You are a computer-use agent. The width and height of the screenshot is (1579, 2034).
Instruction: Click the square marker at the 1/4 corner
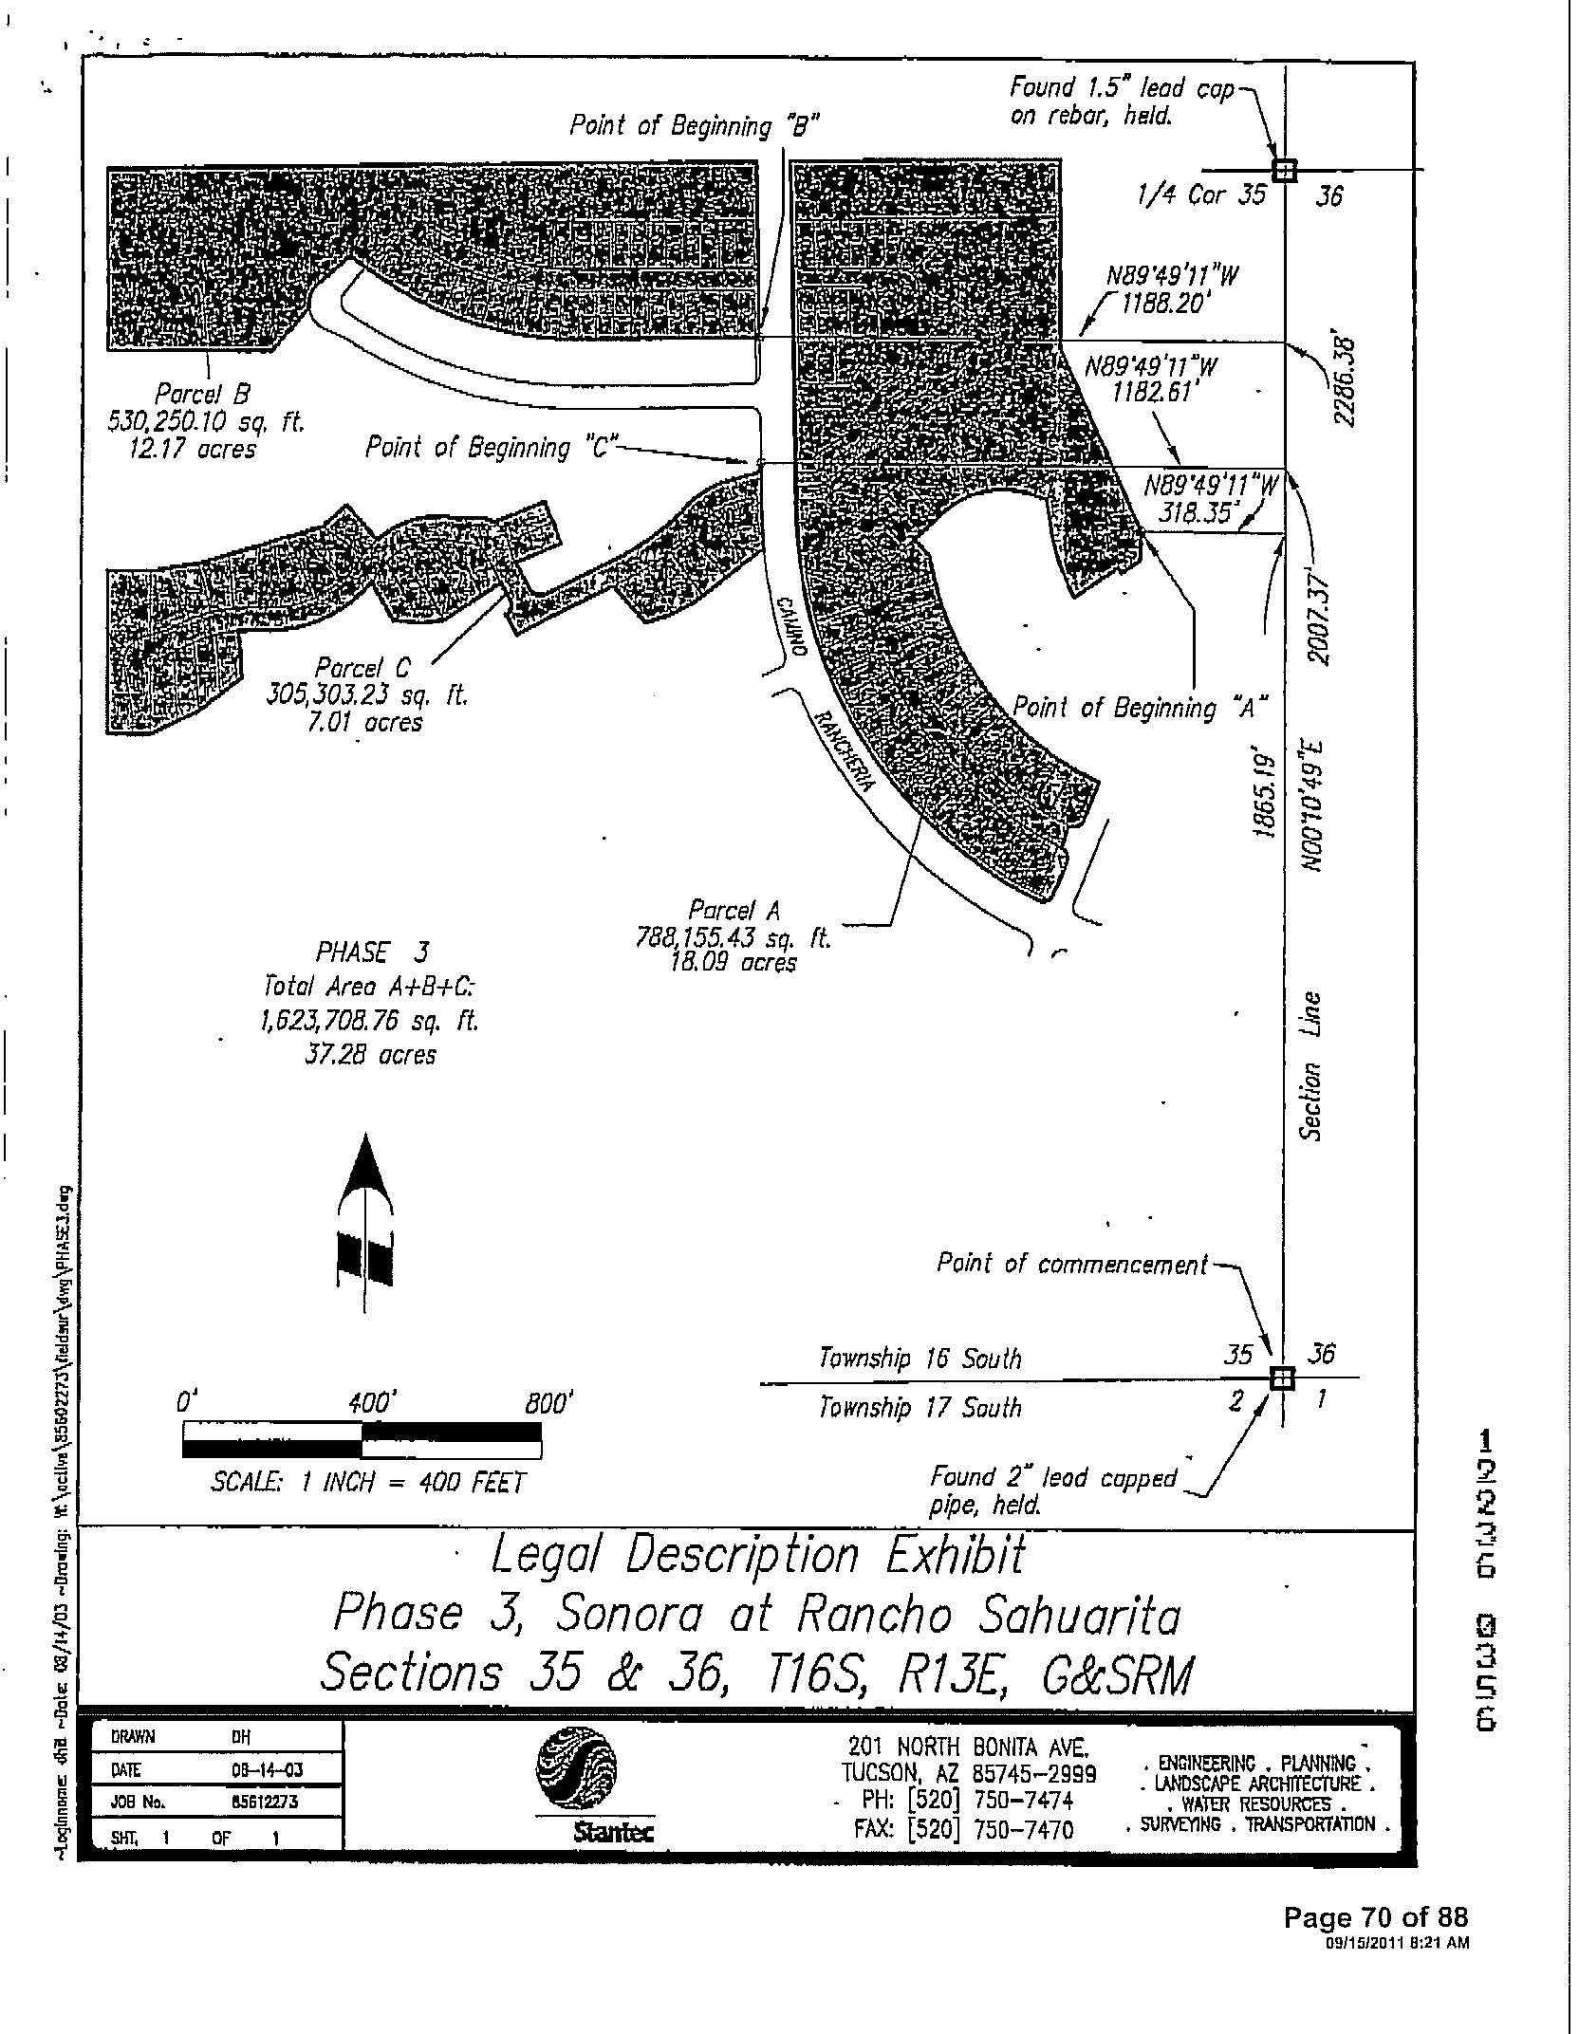(x=1284, y=170)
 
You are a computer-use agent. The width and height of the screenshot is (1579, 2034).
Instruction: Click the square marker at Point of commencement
(x=1281, y=1378)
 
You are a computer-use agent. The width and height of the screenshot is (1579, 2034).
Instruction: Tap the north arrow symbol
(x=364, y=1225)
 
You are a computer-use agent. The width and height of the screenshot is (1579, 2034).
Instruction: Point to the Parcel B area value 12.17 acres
(x=193, y=449)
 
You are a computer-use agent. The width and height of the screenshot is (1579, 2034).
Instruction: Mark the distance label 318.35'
(x=1199, y=513)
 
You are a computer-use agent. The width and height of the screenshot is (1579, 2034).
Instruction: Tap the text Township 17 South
(x=920, y=1407)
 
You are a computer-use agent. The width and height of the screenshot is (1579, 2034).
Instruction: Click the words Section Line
(x=1311, y=1066)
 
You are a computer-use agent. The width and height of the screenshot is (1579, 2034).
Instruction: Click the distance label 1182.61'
(x=1152, y=392)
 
